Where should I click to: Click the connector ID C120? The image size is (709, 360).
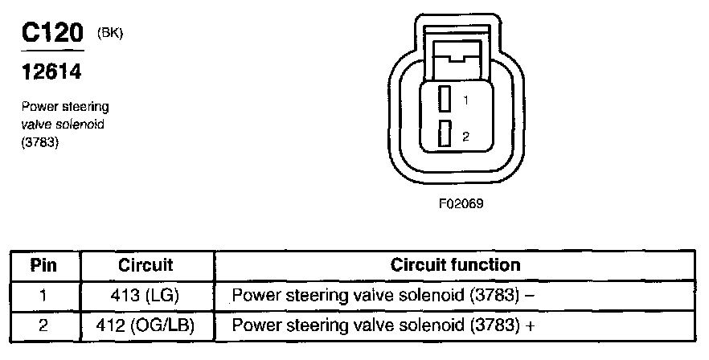click(x=51, y=35)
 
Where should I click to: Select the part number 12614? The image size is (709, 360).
click(x=50, y=73)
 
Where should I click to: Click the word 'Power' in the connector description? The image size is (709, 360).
click(x=36, y=106)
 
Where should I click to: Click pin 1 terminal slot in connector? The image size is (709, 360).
click(x=443, y=99)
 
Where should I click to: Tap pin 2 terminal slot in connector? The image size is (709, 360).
click(x=443, y=134)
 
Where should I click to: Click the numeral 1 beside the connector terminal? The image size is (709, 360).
click(x=465, y=100)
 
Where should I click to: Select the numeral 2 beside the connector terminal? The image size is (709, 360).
click(x=465, y=137)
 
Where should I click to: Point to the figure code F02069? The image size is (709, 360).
click(x=461, y=203)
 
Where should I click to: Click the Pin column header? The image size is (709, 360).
click(x=43, y=264)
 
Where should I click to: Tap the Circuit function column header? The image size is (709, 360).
click(x=455, y=264)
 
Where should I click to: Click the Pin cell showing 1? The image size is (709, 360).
click(x=43, y=295)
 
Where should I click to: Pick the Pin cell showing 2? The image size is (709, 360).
click(x=43, y=325)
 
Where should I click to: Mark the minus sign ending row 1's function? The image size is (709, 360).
click(x=530, y=295)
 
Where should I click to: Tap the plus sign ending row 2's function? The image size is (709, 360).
click(x=531, y=325)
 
